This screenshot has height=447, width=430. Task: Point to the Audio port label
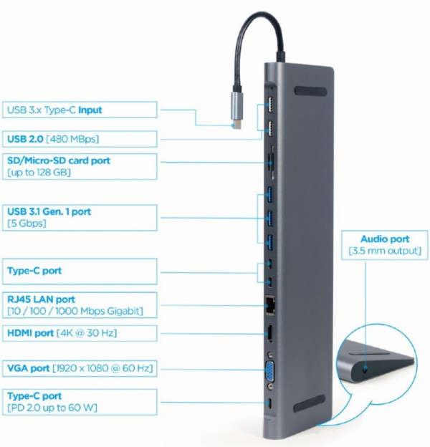click(386, 245)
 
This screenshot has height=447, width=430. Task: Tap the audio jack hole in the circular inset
click(368, 370)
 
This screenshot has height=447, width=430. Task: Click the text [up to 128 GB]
click(39, 173)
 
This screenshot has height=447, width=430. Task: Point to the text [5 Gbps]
click(26, 223)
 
